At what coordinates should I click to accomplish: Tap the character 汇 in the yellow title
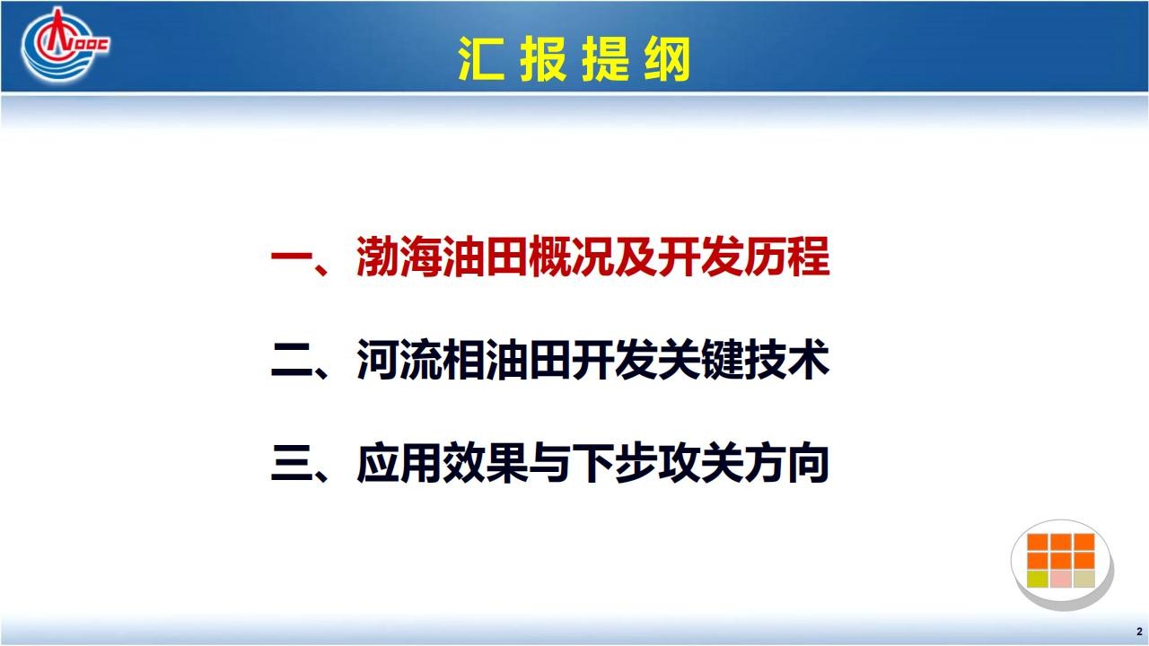481,58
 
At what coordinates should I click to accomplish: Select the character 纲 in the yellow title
667,58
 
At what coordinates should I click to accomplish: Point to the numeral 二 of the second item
292,360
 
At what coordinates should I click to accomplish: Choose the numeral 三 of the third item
292,463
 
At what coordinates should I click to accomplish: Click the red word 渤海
399,257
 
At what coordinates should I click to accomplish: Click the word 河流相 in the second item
421,360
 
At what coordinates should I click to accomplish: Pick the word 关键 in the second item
701,360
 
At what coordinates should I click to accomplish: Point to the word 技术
787,360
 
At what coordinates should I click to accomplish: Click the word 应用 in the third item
399,463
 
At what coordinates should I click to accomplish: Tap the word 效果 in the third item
486,463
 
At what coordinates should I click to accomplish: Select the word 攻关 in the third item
701,463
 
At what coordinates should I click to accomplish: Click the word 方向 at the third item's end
787,463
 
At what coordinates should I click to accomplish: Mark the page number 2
1139,631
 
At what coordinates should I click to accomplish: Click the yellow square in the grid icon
1037,579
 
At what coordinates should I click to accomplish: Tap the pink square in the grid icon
1060,579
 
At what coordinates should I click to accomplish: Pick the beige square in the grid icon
1083,579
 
